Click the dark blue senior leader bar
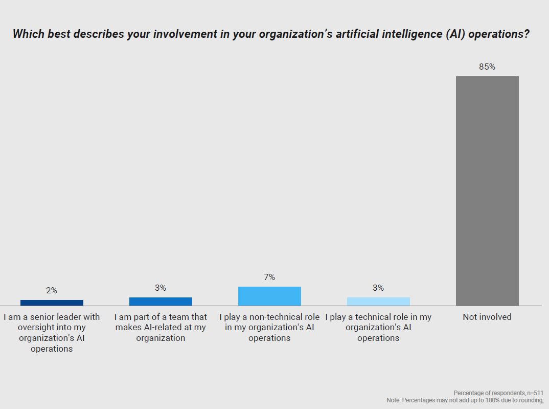[x=52, y=303]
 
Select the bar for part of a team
[x=161, y=302]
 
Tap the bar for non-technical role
[x=269, y=296]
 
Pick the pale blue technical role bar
[x=378, y=302]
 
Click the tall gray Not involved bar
[x=487, y=191]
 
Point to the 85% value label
[x=487, y=67]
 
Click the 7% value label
[x=269, y=277]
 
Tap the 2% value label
[x=52, y=290]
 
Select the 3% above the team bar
[x=161, y=288]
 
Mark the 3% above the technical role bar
[x=378, y=288]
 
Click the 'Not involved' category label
[x=487, y=317]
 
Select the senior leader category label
[x=52, y=333]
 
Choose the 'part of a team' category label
[x=161, y=328]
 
